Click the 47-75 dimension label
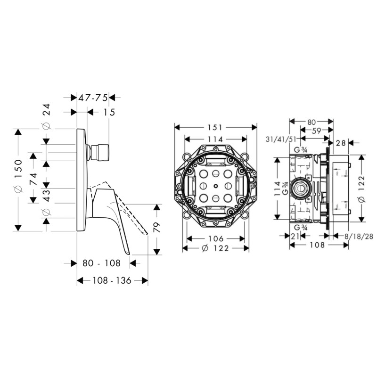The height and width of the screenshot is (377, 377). (93, 98)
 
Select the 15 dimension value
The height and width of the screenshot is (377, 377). (109, 112)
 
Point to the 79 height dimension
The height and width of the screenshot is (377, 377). (156, 227)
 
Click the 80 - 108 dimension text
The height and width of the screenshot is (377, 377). (101, 263)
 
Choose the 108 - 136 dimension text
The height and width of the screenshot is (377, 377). (112, 280)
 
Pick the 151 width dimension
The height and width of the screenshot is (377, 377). (215, 127)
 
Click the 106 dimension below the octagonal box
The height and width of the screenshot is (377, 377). (216, 238)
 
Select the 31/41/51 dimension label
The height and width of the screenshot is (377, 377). (280, 139)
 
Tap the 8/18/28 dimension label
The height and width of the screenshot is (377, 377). (359, 237)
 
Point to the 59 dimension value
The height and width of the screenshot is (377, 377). (316, 131)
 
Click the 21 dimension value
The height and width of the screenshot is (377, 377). (295, 237)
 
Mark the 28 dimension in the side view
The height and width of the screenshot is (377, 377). (341, 143)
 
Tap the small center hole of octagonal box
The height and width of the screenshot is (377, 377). (216, 186)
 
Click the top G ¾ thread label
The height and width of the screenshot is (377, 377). (301, 150)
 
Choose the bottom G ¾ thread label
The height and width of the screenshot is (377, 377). (301, 227)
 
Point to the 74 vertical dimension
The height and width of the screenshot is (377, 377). (33, 179)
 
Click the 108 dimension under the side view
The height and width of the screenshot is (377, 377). (317, 245)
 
